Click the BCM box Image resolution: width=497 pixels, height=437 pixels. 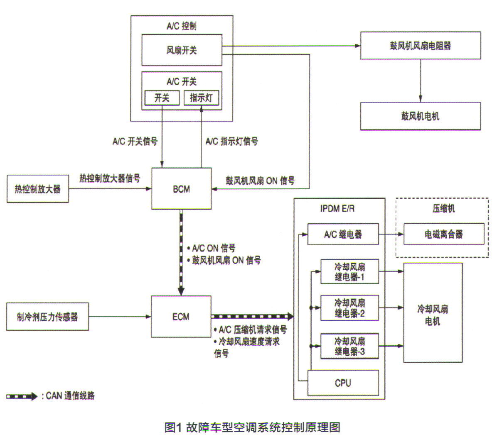tap(181, 189)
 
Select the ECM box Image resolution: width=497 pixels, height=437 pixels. tap(181, 317)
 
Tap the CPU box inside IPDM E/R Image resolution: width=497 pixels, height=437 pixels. tap(343, 383)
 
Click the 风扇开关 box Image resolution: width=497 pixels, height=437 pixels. tap(182, 50)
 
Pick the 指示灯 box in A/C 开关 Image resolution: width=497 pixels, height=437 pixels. tap(201, 98)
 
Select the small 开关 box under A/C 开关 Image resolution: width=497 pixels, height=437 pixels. tap(162, 98)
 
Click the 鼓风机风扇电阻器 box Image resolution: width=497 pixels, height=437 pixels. tap(420, 45)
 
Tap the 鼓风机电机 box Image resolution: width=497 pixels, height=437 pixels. tap(420, 116)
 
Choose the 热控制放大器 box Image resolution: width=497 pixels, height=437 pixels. tap(38, 189)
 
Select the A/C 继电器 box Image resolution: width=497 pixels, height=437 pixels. tap(343, 234)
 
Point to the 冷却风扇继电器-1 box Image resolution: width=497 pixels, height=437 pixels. tap(349, 272)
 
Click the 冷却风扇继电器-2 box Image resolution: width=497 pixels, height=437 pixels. tap(349, 308)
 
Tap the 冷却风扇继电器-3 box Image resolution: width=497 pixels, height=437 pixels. tap(349, 346)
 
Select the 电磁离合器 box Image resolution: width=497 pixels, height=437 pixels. tap(443, 234)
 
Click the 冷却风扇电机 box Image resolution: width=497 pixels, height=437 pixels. tap(433, 313)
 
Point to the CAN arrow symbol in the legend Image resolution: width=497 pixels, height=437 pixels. tap(22, 396)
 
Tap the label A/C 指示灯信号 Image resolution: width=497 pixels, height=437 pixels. tap(231, 142)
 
